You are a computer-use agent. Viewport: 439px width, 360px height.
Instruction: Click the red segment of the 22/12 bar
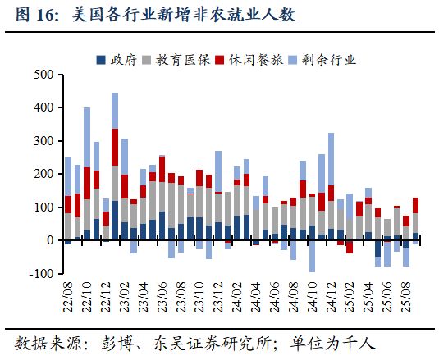coord(106,217)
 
